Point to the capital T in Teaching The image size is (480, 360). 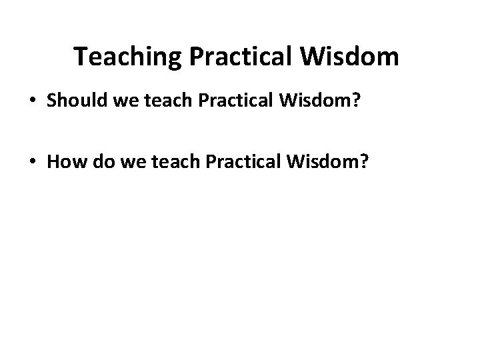point(81,57)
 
